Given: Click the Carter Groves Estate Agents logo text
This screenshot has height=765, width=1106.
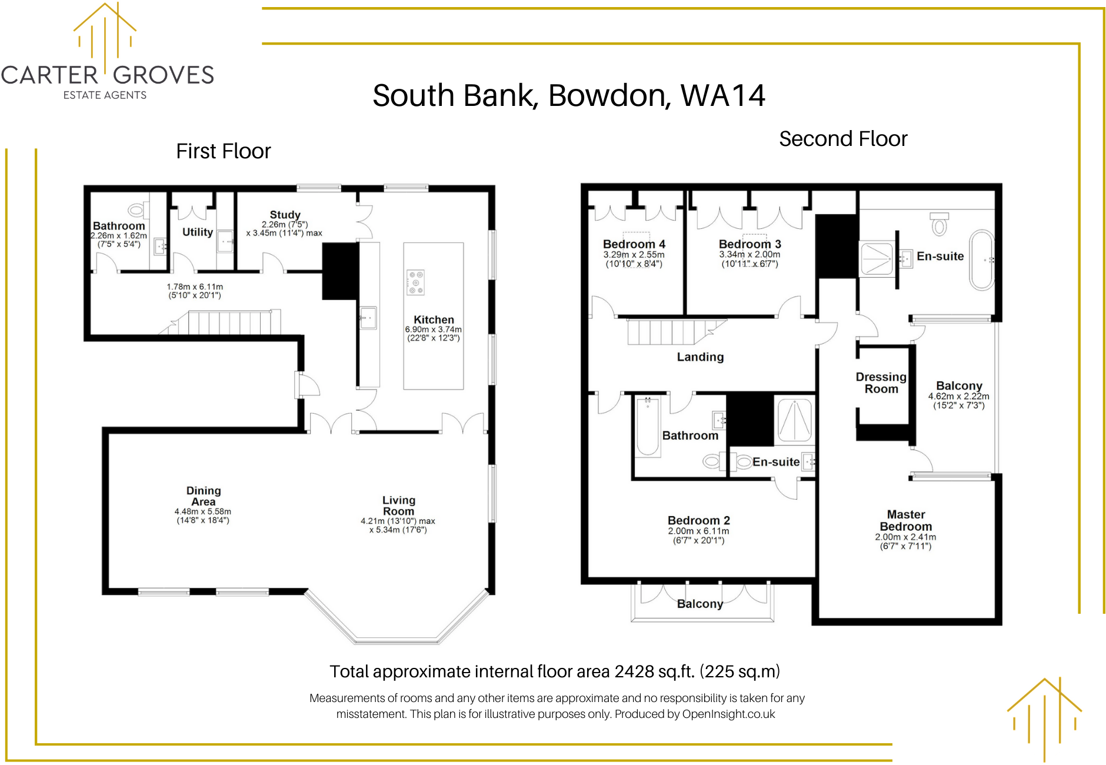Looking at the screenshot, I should coord(107,75).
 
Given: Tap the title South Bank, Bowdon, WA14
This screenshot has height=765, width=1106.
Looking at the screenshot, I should coord(568,95).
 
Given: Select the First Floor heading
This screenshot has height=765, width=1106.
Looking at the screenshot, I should coord(223,151).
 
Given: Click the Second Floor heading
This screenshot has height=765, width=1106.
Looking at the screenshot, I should coord(842,139).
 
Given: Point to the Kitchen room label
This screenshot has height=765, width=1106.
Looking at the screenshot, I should coord(434,320).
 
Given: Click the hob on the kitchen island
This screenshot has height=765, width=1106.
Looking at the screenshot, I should coord(415,282).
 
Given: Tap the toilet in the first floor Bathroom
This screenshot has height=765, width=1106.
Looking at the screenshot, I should coord(138,210).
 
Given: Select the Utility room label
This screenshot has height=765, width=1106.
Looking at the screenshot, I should coord(197,232).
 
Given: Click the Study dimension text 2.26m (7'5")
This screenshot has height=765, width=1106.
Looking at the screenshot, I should coord(285,224).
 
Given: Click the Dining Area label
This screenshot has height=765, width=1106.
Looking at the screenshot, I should coord(204,496).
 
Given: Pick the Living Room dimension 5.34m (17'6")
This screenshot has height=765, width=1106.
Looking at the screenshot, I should coord(398,530).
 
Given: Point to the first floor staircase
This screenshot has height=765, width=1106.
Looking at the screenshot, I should coord(229,322).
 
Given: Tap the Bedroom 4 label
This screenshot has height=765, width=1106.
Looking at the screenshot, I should coord(634,244).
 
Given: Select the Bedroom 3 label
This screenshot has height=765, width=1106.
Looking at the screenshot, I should coord(749,244).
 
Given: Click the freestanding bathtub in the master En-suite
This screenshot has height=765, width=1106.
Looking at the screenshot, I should coord(981,260).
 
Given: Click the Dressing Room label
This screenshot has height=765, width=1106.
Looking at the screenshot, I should coord(881,382).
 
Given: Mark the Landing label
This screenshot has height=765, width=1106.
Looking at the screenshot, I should coord(700,357).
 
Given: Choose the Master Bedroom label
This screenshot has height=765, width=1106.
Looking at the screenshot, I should coord(905,520).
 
